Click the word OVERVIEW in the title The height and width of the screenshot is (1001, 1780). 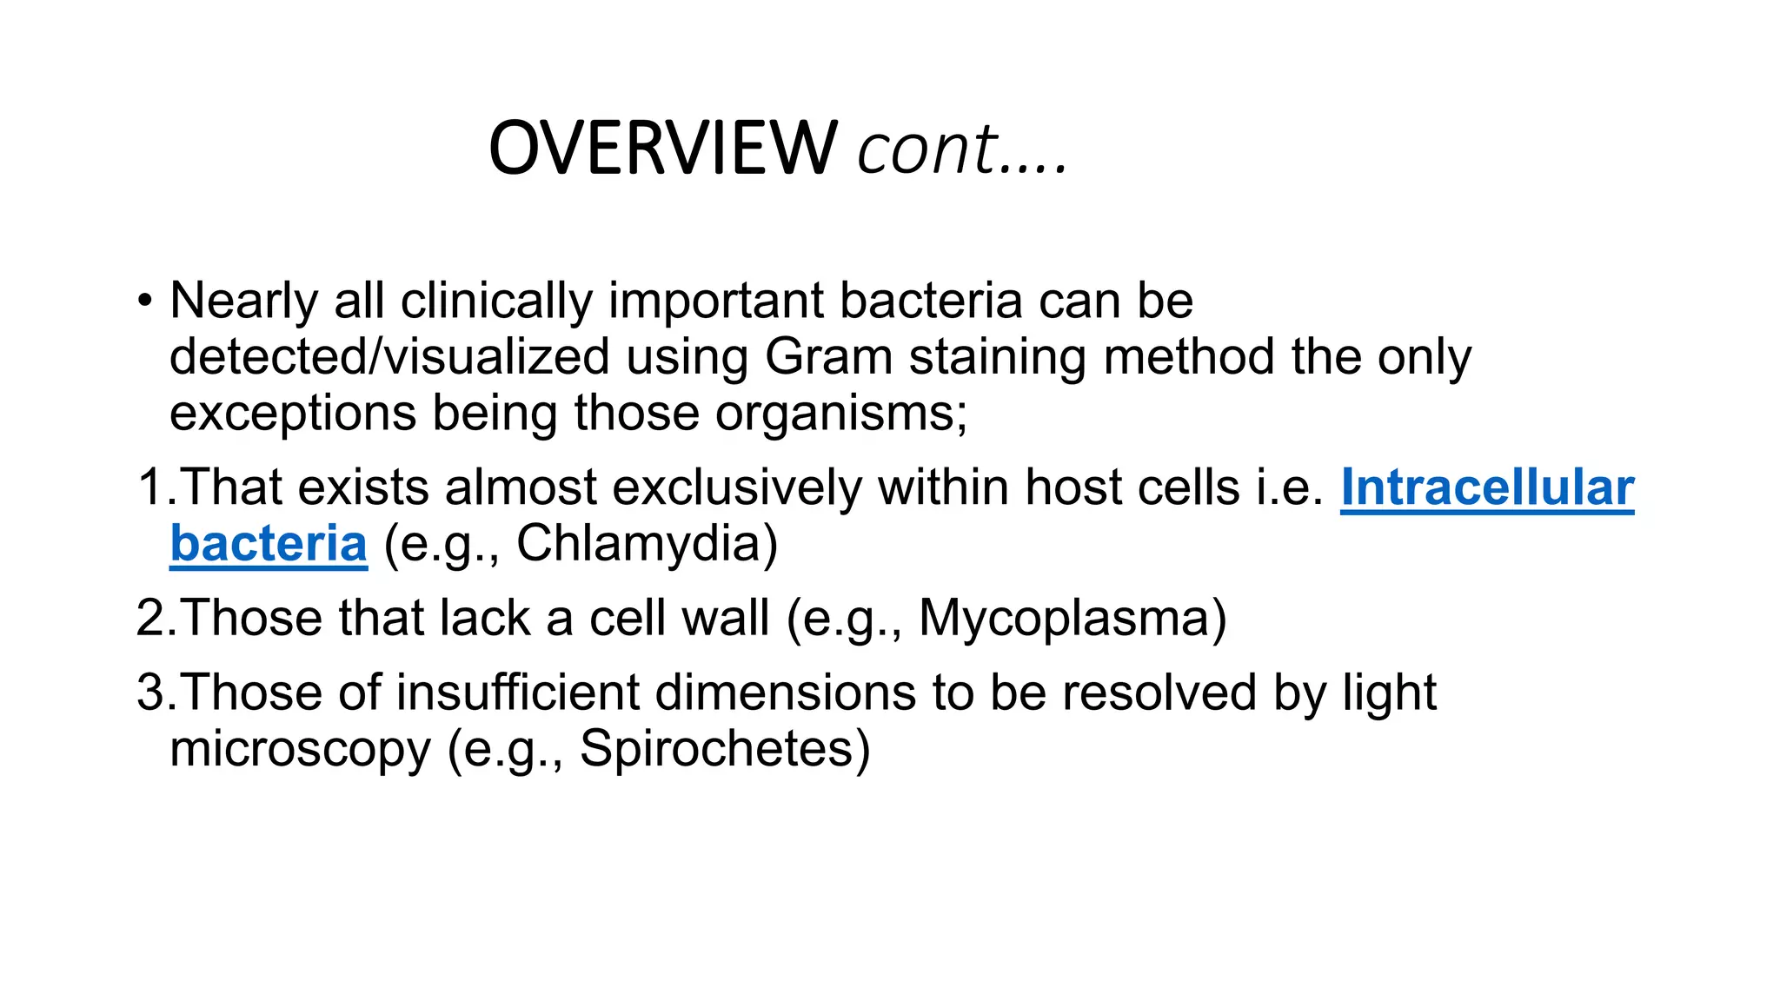tap(662, 149)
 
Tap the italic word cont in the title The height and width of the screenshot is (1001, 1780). tap(926, 149)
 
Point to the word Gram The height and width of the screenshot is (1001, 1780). tap(828, 357)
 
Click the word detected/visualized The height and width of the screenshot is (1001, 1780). tap(389, 357)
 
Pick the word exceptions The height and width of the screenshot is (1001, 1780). tap(292, 414)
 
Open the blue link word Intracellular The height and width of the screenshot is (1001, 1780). tap(1487, 487)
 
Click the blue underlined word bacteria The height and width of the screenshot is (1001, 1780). tap(269, 544)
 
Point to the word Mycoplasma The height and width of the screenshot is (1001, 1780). tap(1064, 619)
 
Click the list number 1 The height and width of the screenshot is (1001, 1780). tap(149, 487)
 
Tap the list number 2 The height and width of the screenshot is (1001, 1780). tap(151, 619)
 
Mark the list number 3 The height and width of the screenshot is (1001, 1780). tap(151, 693)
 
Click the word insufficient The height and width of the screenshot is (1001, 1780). tap(517, 693)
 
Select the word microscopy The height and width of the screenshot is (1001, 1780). tap(300, 749)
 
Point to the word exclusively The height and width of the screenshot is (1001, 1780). tap(737, 487)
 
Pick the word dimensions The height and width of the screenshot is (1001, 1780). tap(785, 693)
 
